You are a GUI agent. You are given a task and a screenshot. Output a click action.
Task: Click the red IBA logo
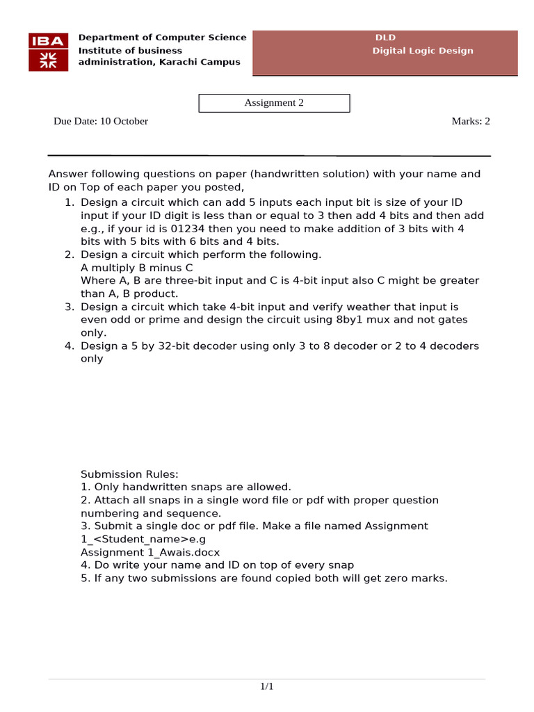coord(48,51)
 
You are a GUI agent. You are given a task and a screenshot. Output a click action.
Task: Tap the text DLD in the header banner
coord(385,38)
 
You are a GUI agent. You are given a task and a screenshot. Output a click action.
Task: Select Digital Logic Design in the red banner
coord(422,51)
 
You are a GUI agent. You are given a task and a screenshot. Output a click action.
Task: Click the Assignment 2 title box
coord(274,103)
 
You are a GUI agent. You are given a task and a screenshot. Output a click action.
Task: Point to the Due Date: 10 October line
coord(101,121)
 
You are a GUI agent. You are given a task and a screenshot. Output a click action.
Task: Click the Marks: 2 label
coord(471,121)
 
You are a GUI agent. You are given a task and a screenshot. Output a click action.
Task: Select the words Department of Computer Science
coord(162,38)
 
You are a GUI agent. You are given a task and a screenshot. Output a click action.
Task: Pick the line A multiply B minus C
coord(137,268)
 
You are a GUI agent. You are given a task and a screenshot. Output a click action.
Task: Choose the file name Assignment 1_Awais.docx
coord(150,552)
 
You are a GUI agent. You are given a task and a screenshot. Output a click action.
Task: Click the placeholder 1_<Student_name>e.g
coord(147,539)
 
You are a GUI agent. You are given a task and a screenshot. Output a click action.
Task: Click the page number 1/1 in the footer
coord(267,687)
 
